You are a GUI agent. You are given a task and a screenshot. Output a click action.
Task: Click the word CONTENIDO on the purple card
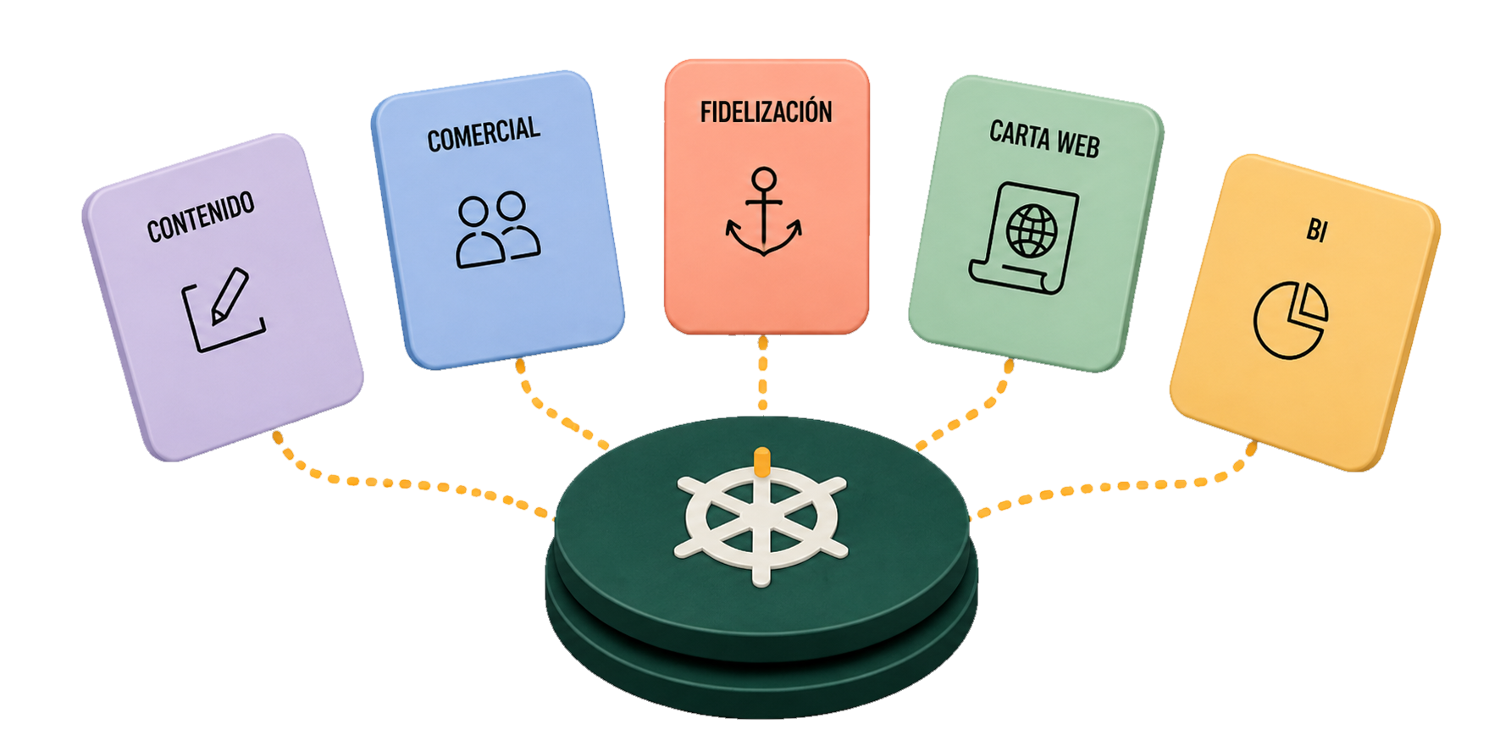(x=201, y=217)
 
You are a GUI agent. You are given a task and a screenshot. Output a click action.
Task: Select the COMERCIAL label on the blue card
(x=484, y=134)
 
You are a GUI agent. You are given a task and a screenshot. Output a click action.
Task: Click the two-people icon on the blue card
(x=498, y=229)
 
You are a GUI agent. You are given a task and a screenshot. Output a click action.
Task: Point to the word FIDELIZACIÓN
(x=766, y=112)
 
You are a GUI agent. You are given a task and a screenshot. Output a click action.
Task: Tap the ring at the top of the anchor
(x=764, y=179)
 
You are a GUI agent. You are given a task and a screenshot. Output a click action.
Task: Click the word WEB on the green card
(x=1078, y=145)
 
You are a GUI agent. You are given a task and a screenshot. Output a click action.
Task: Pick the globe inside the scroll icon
(x=1031, y=230)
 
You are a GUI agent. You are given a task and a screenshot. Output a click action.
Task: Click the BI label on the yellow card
(x=1316, y=229)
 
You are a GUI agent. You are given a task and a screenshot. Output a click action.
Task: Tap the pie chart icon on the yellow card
(x=1290, y=320)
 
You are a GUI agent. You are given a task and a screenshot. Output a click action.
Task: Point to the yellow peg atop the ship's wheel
(x=761, y=461)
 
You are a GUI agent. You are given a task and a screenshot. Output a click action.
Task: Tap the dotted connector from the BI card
(x=1126, y=487)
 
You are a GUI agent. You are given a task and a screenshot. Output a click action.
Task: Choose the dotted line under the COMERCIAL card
(x=551, y=413)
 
